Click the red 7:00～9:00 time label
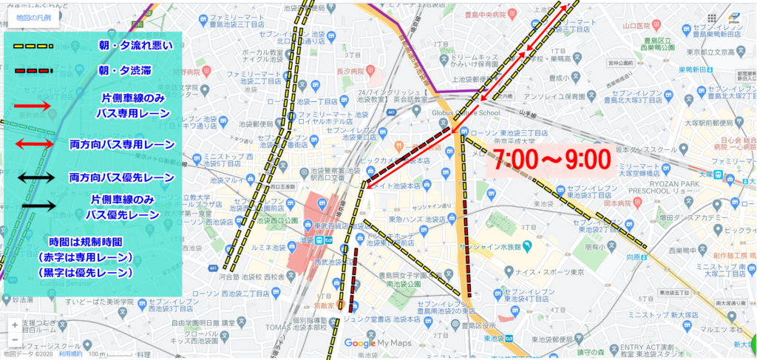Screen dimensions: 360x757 pyautogui.click(x=551, y=158)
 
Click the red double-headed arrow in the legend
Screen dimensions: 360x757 pyautogui.click(x=32, y=143)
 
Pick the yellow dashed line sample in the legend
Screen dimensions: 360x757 pyautogui.click(x=32, y=46)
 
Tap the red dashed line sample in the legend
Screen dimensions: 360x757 pyautogui.click(x=32, y=72)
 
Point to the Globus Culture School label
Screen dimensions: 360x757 pyautogui.click(x=449, y=114)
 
